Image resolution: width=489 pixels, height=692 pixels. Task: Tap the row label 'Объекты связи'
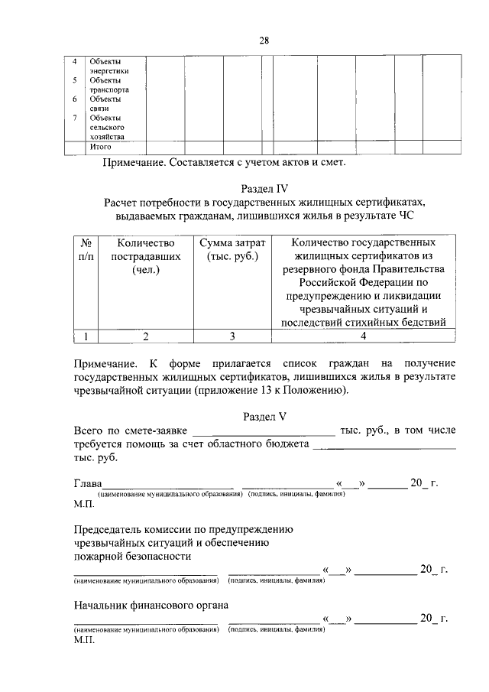click(105, 103)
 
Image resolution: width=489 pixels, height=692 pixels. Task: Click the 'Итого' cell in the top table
click(101, 146)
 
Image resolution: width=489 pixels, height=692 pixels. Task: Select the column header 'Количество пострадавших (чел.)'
click(144, 256)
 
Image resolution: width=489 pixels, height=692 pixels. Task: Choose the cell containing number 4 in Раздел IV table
click(364, 335)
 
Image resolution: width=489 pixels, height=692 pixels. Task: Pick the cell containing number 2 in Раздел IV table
click(144, 335)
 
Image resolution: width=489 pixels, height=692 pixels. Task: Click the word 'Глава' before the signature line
click(88, 482)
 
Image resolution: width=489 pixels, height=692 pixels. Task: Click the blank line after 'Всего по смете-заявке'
click(264, 434)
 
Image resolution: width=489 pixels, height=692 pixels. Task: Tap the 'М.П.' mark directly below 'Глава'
click(83, 505)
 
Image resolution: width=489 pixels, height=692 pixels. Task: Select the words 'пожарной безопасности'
click(132, 556)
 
